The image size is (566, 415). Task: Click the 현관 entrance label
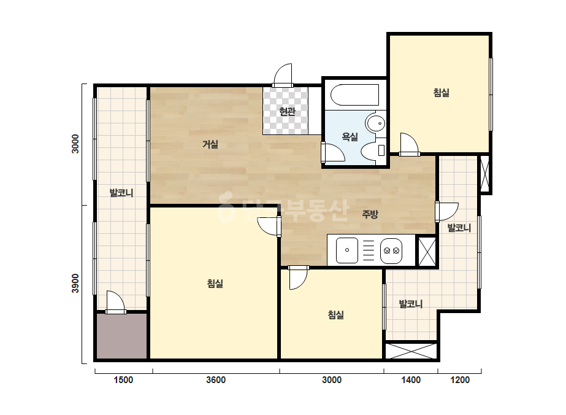click(288, 111)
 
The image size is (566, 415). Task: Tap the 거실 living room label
click(210, 144)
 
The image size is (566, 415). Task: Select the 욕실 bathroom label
click(350, 137)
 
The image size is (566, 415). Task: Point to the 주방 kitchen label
click(370, 214)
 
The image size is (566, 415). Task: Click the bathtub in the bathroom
click(355, 95)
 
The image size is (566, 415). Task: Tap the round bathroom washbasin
click(376, 123)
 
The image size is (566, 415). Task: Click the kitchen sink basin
click(347, 250)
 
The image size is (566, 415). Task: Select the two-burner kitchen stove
click(391, 250)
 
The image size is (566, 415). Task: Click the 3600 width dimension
click(216, 380)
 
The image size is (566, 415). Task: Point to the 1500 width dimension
click(123, 380)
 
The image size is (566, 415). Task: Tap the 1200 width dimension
click(460, 380)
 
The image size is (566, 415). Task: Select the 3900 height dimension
click(75, 284)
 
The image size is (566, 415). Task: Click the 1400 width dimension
click(411, 380)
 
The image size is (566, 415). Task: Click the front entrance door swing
click(283, 76)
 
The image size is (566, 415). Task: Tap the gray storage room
click(121, 336)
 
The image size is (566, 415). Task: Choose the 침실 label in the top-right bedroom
click(441, 93)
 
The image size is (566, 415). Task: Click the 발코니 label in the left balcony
click(121, 193)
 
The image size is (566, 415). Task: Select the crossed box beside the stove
click(427, 251)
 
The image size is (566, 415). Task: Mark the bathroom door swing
click(332, 153)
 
